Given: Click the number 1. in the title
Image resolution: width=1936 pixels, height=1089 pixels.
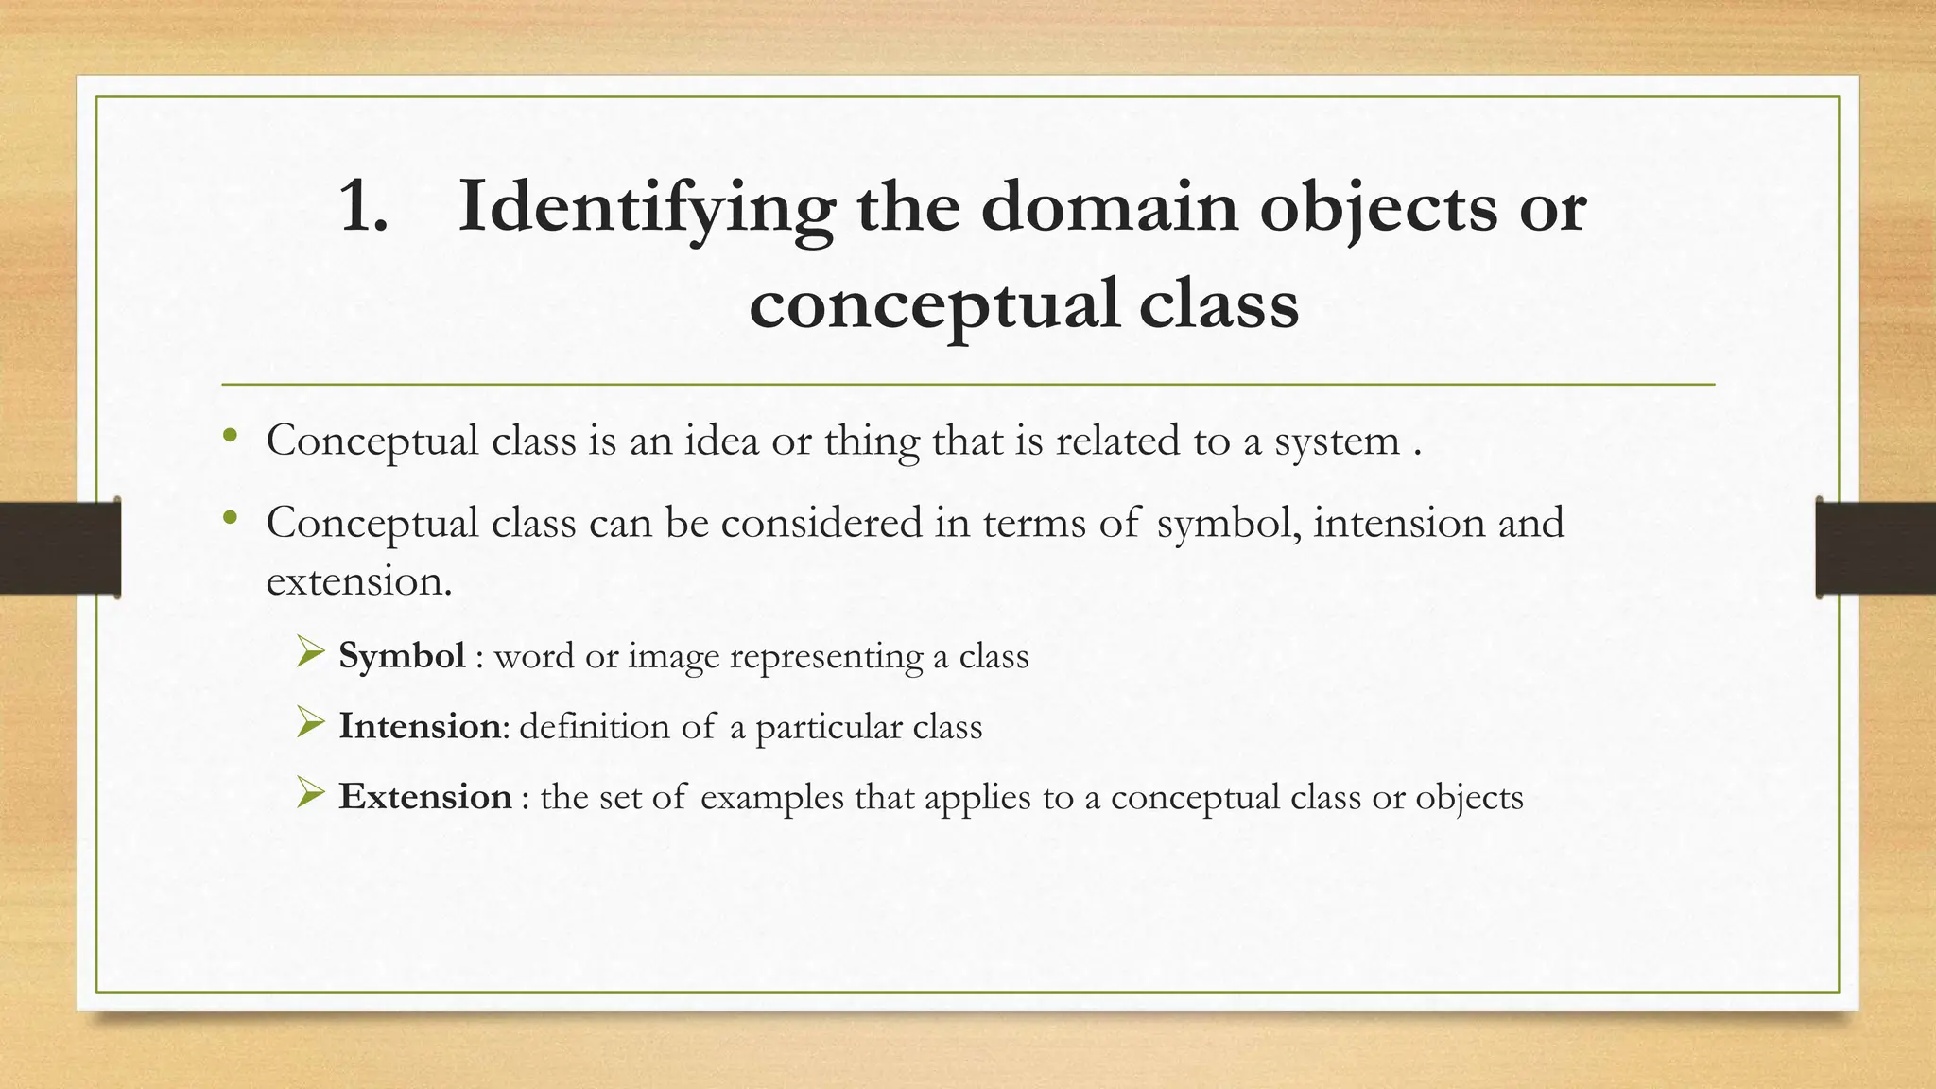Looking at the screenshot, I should [x=363, y=208].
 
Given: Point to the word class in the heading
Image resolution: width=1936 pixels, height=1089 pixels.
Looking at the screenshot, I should [x=1219, y=304].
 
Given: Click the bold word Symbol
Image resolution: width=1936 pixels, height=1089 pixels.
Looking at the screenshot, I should [x=402, y=656].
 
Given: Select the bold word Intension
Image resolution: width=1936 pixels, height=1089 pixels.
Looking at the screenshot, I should [x=420, y=726].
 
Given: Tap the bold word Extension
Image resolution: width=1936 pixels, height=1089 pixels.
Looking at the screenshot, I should [x=425, y=797].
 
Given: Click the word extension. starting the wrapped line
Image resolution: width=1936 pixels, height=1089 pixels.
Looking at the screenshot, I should [x=359, y=581].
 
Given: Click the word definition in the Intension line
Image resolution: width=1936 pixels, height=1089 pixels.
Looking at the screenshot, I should [x=594, y=727].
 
